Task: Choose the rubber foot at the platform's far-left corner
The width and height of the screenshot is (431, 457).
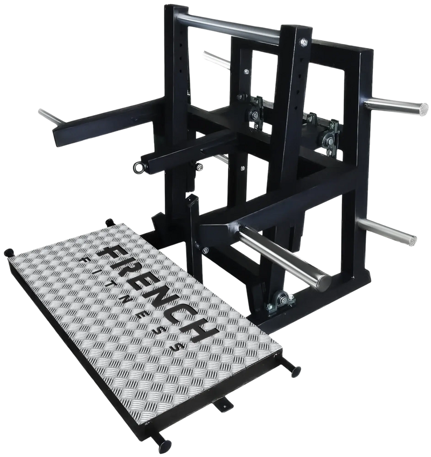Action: (10, 252)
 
